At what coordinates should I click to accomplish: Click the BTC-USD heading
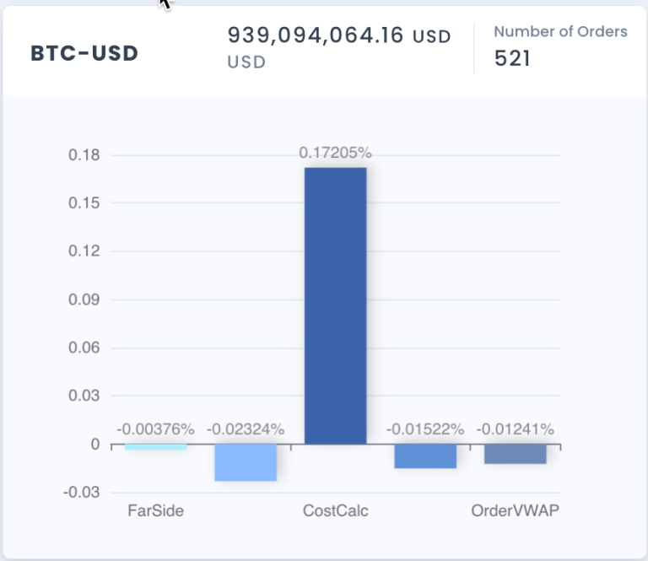84,53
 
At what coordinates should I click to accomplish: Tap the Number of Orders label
560,31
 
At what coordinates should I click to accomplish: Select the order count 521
512,60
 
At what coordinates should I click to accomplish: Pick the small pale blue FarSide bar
155,446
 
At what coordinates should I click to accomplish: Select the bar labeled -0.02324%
246,462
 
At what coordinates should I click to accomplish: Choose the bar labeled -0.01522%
425,456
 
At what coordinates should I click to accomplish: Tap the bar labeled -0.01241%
515,454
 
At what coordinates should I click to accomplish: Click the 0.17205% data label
335,154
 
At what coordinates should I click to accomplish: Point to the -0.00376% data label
155,429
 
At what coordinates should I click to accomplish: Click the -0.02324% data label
246,429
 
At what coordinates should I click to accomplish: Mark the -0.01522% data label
425,429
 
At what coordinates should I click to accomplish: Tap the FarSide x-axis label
155,510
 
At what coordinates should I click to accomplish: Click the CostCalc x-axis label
335,510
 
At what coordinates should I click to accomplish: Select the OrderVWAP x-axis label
515,510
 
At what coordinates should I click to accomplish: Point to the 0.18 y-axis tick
85,155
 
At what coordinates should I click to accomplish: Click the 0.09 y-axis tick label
85,299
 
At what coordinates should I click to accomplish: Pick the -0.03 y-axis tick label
83,492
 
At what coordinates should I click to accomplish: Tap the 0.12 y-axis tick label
85,251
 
